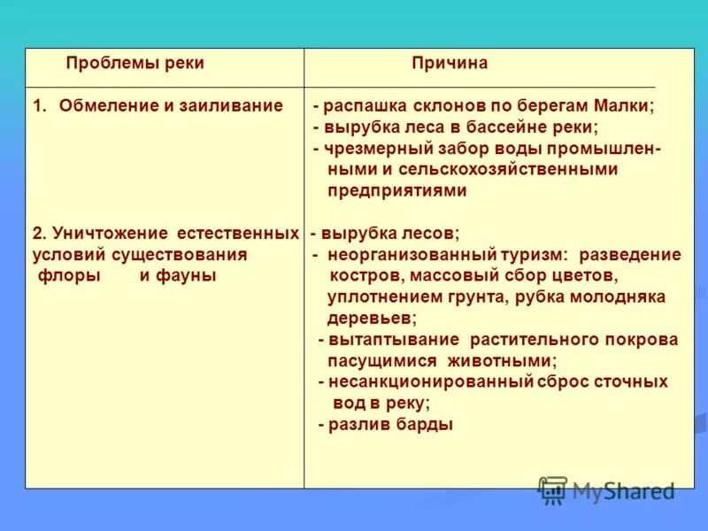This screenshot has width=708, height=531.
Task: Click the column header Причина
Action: click(449, 64)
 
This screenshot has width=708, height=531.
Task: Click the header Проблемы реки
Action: click(135, 64)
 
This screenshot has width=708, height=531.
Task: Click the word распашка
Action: click(360, 106)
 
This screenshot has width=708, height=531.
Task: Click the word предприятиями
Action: click(396, 190)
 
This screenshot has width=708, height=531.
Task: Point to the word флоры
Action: click(69, 276)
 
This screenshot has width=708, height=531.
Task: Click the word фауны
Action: click(187, 276)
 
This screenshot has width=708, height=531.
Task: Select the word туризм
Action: click(529, 255)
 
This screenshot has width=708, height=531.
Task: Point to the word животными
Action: click(507, 361)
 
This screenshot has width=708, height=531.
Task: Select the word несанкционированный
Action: click(431, 382)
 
